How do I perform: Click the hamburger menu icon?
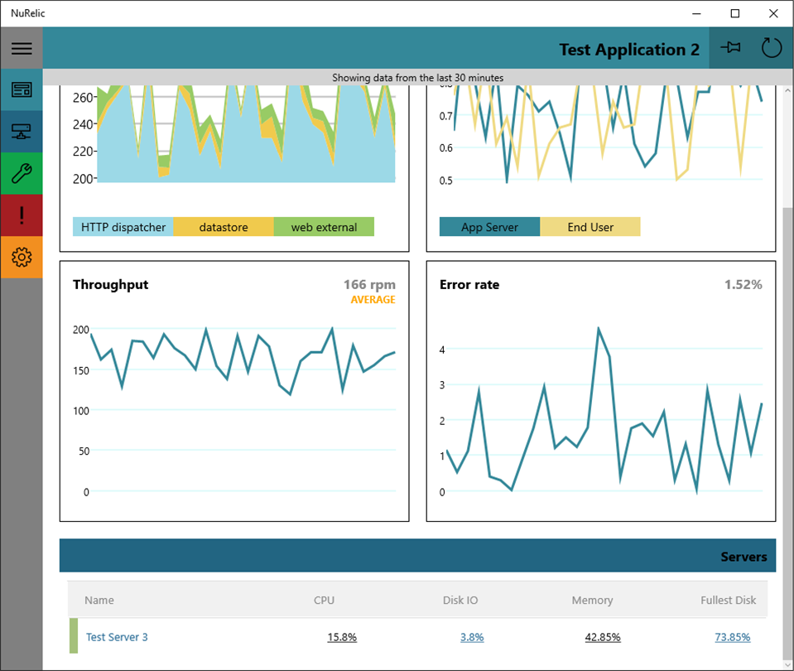(x=22, y=48)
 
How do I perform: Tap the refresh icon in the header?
(x=771, y=48)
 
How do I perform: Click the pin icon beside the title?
(x=730, y=48)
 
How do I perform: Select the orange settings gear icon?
(x=22, y=257)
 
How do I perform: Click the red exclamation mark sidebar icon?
(x=22, y=215)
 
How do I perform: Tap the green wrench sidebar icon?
(x=22, y=173)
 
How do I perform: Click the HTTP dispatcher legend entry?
(x=123, y=227)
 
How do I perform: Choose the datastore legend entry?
(x=224, y=227)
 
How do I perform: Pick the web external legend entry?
(x=324, y=227)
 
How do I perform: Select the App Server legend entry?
(x=489, y=227)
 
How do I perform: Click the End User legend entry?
(x=590, y=227)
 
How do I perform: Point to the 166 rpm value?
(x=369, y=285)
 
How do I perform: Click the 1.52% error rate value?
(x=743, y=285)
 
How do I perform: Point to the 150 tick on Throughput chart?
(x=81, y=370)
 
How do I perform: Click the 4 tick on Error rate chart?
(x=442, y=350)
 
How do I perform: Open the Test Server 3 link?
(x=117, y=637)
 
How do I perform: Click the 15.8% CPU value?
(x=342, y=637)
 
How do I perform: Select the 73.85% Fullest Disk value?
(x=733, y=637)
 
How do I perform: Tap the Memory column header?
(x=593, y=600)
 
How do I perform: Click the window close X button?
(x=773, y=14)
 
